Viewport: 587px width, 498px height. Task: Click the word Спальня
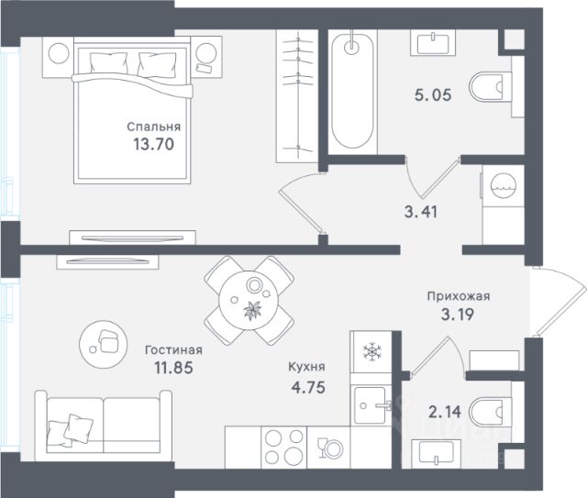[x=153, y=127]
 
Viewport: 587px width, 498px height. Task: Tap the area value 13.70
[x=154, y=144]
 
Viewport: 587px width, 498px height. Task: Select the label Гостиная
[x=173, y=350]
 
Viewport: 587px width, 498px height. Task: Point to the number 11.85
[x=173, y=368]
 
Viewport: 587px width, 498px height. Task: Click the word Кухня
[x=306, y=367]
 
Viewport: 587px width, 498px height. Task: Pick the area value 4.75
[x=308, y=387]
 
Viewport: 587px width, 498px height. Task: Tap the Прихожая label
[x=459, y=296]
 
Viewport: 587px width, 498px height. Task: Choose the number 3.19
[x=458, y=315]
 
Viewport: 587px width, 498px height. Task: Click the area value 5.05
[x=433, y=94]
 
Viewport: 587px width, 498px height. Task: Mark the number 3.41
[x=421, y=212]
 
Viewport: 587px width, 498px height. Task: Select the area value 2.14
[x=445, y=412]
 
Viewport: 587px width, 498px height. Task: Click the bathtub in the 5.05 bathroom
[x=352, y=92]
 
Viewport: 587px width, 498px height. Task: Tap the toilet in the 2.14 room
[x=486, y=412]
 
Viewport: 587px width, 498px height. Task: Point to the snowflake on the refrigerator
[x=371, y=351]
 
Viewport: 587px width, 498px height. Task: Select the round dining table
[x=249, y=300]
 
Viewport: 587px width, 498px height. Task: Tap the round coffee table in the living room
[x=104, y=344]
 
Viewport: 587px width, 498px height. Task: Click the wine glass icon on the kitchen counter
[x=322, y=448]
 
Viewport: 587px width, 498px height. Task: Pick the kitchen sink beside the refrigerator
[x=370, y=405]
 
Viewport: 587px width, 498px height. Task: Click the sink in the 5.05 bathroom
[x=432, y=43]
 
